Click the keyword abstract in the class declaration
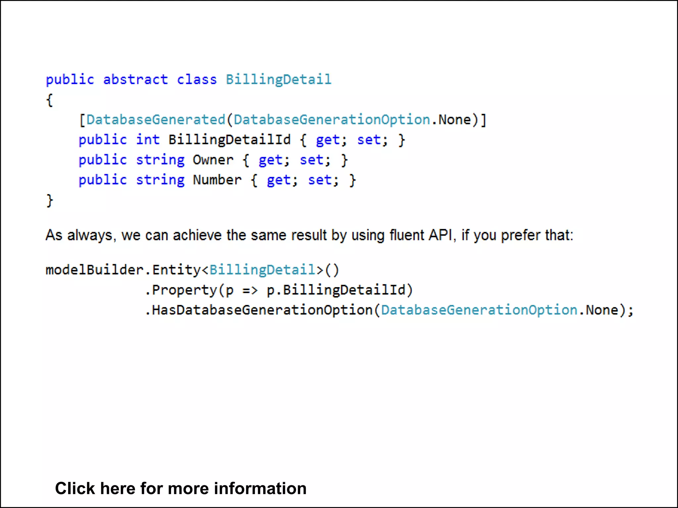coord(135,80)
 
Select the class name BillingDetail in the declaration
coord(278,80)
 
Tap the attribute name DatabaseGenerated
coord(156,120)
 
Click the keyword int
coord(148,140)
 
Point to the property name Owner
coord(213,160)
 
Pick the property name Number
coord(217,180)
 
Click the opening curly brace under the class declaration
coord(49,100)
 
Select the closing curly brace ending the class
coord(49,200)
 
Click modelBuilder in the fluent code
coord(94,270)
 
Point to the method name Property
coord(184,290)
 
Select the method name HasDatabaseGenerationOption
coord(262,310)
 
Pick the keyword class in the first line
coord(197,80)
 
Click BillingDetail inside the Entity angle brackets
coord(262,270)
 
